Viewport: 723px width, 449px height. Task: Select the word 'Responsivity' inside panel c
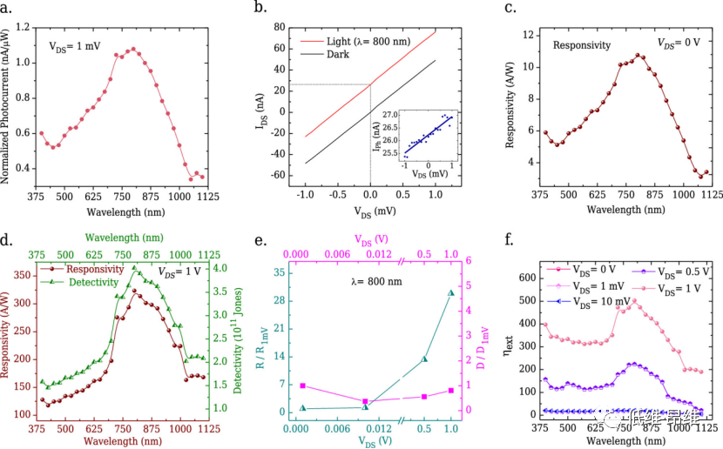click(x=582, y=44)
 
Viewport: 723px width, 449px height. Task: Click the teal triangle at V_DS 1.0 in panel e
click(x=450, y=293)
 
